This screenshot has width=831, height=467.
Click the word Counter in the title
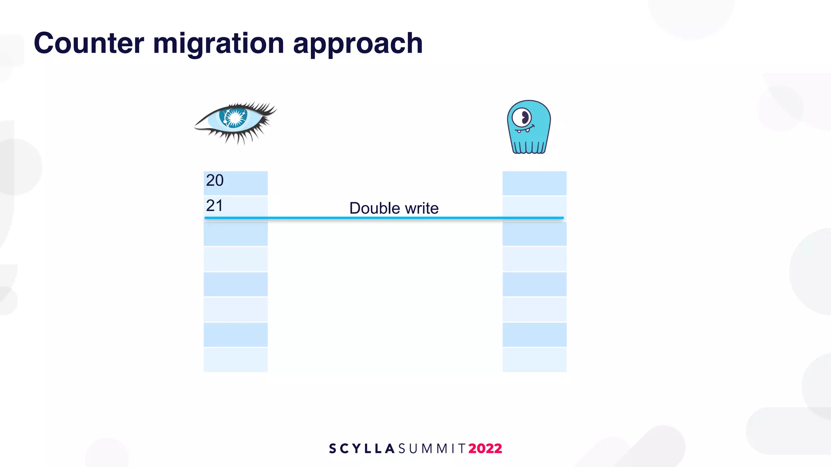click(x=89, y=43)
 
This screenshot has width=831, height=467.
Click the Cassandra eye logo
click(x=235, y=122)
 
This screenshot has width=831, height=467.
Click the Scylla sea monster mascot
click(x=529, y=127)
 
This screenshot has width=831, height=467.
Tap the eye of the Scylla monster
click(x=521, y=118)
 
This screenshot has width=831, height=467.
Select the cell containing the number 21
click(x=235, y=206)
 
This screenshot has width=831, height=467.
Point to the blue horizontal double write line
click(x=383, y=218)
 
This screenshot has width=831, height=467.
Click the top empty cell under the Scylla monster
click(x=534, y=183)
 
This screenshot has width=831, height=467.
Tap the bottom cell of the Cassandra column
click(x=235, y=360)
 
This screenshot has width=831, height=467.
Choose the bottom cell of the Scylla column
click(x=534, y=360)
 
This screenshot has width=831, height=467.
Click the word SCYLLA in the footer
click(x=362, y=448)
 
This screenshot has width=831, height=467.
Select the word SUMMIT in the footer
click(x=432, y=448)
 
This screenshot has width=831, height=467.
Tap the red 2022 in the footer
click(x=485, y=448)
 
